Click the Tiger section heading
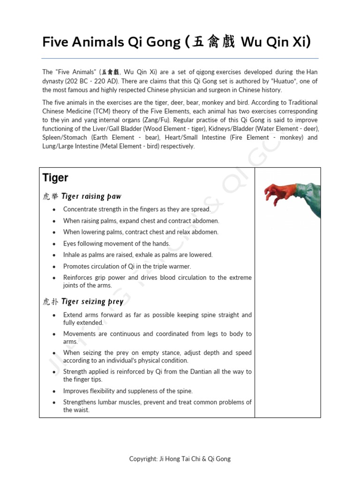(x=55, y=178)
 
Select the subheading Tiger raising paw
(x=91, y=196)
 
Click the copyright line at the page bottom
(x=180, y=459)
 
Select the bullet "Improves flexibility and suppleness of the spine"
(x=128, y=391)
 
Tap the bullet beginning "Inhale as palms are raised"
(x=138, y=255)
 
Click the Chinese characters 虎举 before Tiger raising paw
(x=51, y=196)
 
